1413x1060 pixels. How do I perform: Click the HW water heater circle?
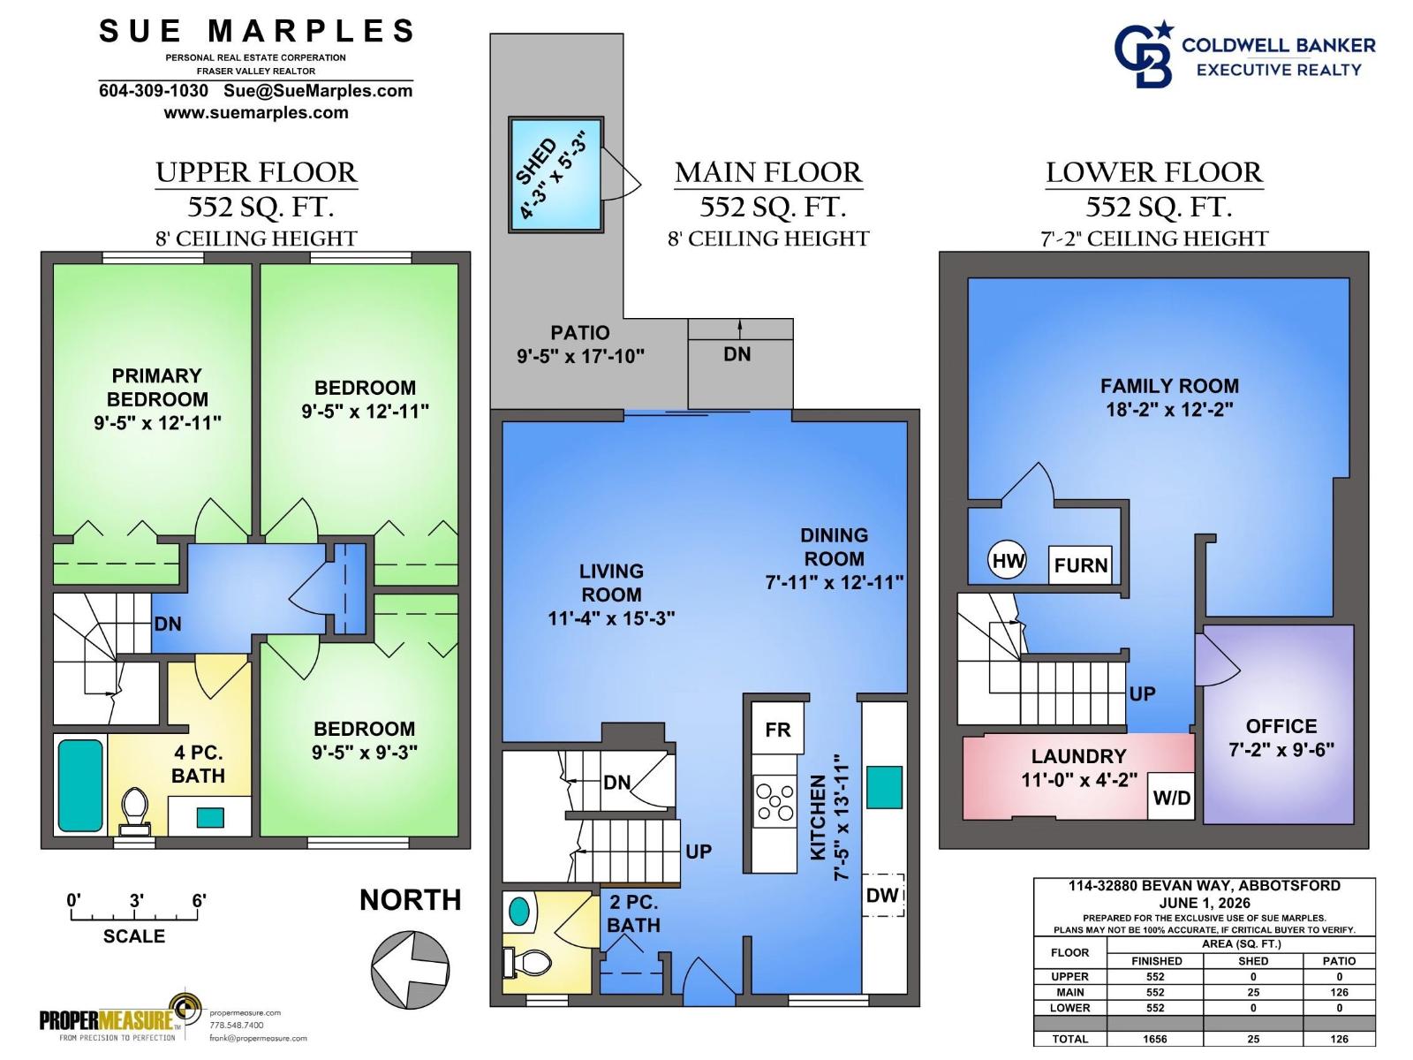(1007, 560)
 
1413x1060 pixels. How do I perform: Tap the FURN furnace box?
(1080, 565)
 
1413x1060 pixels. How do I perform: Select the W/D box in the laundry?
(1171, 798)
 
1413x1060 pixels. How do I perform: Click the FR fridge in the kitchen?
(778, 730)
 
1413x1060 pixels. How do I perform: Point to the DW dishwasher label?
(882, 895)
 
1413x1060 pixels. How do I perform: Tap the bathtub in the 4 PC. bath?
(80, 785)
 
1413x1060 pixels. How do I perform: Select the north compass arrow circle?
(410, 970)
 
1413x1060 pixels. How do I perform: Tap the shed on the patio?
(556, 173)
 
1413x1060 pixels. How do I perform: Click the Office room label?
(1281, 727)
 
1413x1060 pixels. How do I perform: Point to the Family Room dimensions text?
(1169, 409)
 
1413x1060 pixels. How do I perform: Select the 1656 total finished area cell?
(1155, 1039)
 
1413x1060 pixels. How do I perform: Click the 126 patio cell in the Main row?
(1339, 992)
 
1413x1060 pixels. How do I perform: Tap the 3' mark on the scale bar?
(136, 900)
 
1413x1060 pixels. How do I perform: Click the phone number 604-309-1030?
(153, 91)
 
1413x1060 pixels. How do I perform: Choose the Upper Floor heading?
(256, 172)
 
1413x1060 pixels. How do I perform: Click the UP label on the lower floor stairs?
(1142, 693)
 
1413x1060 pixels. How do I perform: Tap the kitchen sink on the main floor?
(884, 786)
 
